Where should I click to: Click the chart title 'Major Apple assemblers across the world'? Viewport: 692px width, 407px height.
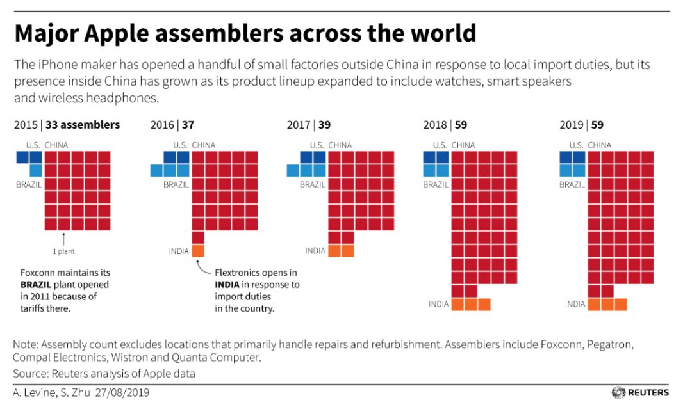point(245,33)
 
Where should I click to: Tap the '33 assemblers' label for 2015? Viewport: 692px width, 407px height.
point(83,125)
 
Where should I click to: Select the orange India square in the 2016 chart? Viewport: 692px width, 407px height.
point(198,251)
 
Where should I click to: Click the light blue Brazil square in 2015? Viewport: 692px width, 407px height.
point(36,170)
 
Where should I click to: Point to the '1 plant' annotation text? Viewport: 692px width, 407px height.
point(63,251)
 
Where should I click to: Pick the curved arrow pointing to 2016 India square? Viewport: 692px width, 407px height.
point(204,267)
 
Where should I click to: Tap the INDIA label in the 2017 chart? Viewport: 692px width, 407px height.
point(315,251)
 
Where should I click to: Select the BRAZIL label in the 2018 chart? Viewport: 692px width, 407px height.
point(436,184)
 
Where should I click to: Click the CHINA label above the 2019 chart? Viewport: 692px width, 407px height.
point(600,145)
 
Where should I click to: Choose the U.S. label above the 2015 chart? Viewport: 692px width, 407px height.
point(33,145)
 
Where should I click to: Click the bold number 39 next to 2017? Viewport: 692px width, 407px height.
point(324,125)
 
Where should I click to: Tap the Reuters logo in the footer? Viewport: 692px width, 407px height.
point(640,392)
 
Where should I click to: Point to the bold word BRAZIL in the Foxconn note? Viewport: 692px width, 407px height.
point(36,285)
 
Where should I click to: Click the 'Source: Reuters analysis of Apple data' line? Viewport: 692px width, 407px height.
point(104,373)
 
